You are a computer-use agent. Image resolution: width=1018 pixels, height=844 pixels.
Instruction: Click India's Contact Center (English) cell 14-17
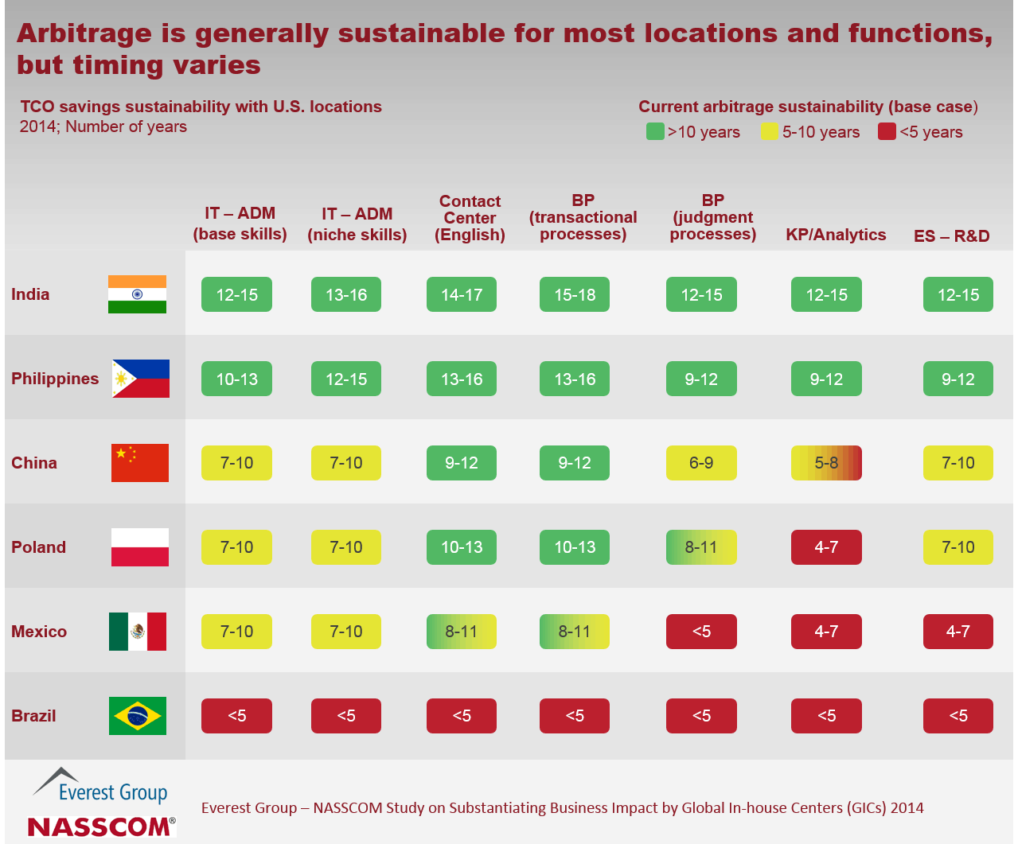[x=462, y=294]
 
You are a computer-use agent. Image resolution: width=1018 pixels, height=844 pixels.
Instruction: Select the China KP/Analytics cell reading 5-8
[x=826, y=463]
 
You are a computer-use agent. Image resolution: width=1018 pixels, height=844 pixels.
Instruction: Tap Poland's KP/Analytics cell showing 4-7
[x=826, y=547]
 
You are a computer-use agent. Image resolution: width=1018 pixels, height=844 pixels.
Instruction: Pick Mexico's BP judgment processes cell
[x=701, y=632]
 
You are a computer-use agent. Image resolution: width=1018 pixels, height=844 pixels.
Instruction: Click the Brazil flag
[x=138, y=716]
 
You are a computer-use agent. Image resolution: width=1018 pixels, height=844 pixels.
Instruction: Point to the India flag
[x=138, y=294]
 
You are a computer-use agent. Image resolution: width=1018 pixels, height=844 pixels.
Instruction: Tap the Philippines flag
[x=141, y=379]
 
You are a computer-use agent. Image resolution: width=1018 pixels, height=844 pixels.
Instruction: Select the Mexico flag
[x=138, y=632]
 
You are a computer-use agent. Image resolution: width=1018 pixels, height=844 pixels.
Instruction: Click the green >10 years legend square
[x=655, y=131]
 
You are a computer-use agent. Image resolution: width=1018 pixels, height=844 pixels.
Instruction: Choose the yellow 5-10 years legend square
[x=770, y=131]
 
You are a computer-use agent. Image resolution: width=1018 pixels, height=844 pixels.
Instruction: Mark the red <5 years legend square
[x=887, y=131]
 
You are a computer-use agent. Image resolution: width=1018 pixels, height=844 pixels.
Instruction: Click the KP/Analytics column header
[x=836, y=235]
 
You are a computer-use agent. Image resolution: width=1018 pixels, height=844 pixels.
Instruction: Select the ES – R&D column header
[x=952, y=235]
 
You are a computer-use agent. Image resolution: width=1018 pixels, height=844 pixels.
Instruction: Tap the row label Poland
[x=38, y=547]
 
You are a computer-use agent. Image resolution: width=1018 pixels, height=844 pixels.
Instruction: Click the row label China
[x=34, y=463]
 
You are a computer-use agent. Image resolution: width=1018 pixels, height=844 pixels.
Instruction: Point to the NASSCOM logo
[x=101, y=826]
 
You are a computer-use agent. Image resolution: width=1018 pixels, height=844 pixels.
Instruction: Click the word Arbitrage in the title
[x=84, y=33]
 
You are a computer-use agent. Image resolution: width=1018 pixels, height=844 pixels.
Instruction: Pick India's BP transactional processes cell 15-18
[x=575, y=294]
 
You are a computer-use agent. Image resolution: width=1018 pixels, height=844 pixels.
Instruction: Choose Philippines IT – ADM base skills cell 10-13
[x=237, y=379]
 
